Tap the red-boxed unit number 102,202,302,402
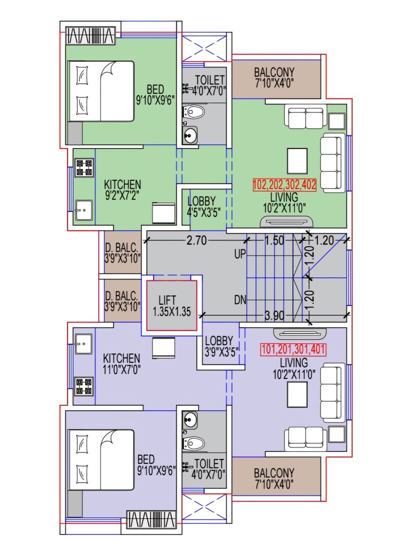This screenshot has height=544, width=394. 284,184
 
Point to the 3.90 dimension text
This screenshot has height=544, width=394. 275,315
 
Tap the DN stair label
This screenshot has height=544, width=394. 240,300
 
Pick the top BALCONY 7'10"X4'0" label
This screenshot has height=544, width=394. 274,77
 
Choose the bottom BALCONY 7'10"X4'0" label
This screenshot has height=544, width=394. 274,478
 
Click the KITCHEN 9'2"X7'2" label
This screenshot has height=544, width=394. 123,190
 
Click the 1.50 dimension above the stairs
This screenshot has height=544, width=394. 274,241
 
